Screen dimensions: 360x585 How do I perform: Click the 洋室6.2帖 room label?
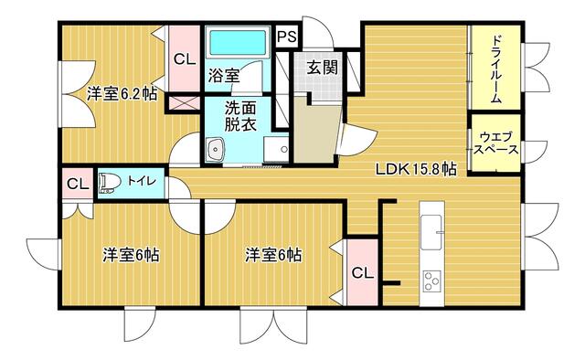(x=122, y=94)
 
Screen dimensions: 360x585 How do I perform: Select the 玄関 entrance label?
(x=320, y=67)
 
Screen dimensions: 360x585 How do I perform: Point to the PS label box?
(x=286, y=37)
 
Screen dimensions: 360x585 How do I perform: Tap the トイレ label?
(x=141, y=182)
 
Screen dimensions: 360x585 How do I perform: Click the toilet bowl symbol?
(x=107, y=183)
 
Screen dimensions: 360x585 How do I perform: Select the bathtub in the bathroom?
(x=236, y=43)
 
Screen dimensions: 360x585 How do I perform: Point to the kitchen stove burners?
(x=431, y=281)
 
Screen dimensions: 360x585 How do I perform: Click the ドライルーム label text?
(x=495, y=69)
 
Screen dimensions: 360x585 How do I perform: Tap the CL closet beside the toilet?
(x=76, y=183)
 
